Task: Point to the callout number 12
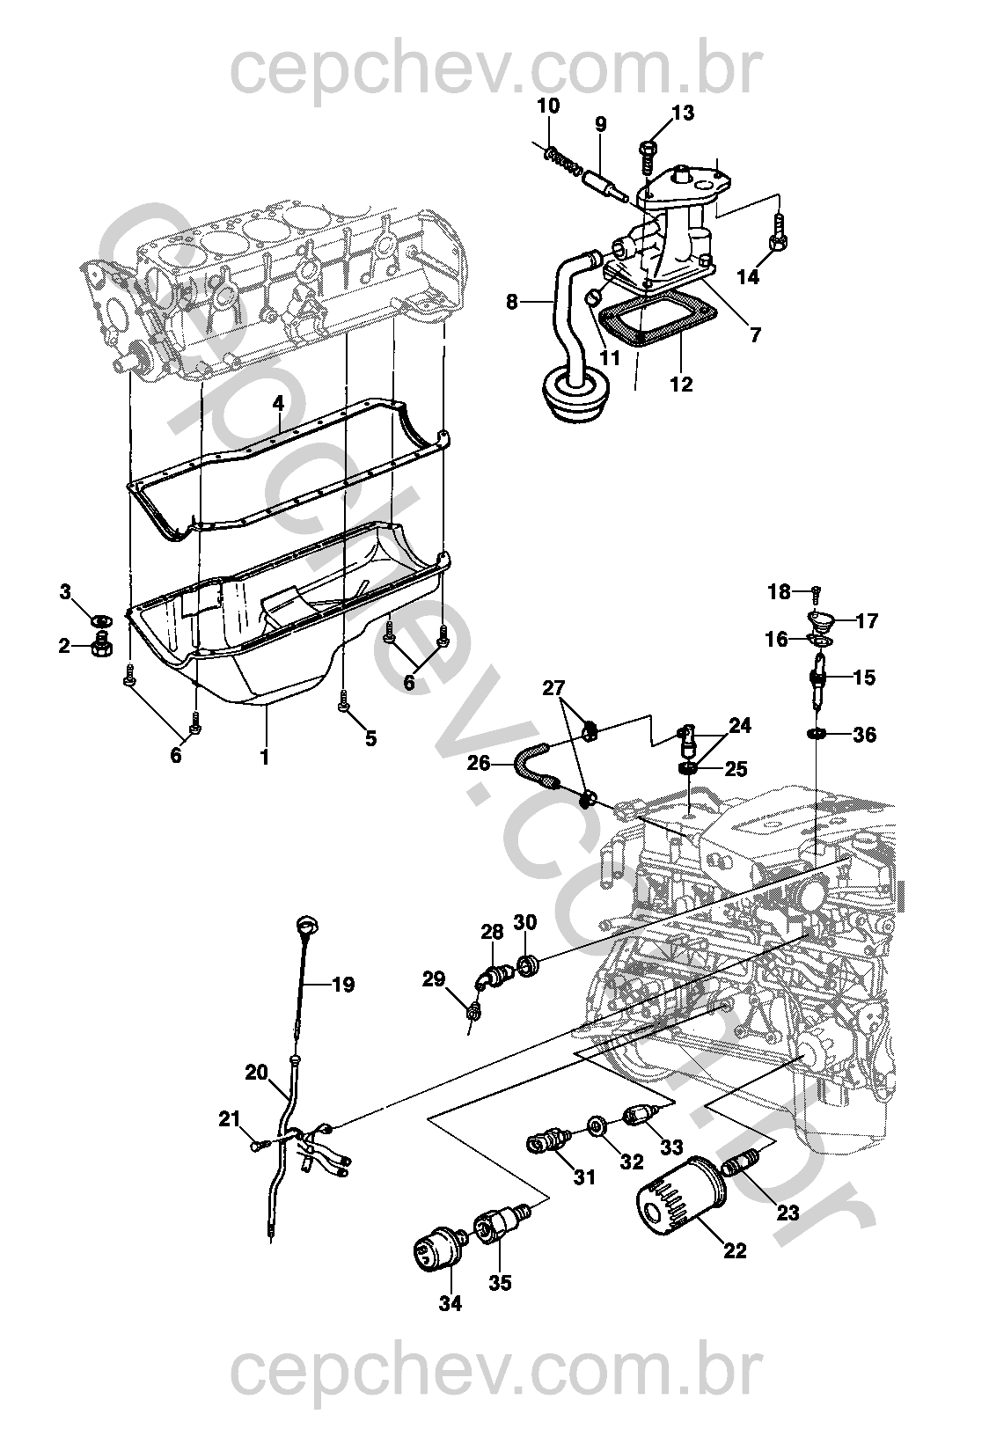(x=681, y=384)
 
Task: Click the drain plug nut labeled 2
(x=102, y=646)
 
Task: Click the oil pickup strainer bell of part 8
(x=575, y=394)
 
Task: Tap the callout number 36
(x=865, y=735)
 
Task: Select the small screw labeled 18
(x=816, y=594)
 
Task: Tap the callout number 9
(x=600, y=123)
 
